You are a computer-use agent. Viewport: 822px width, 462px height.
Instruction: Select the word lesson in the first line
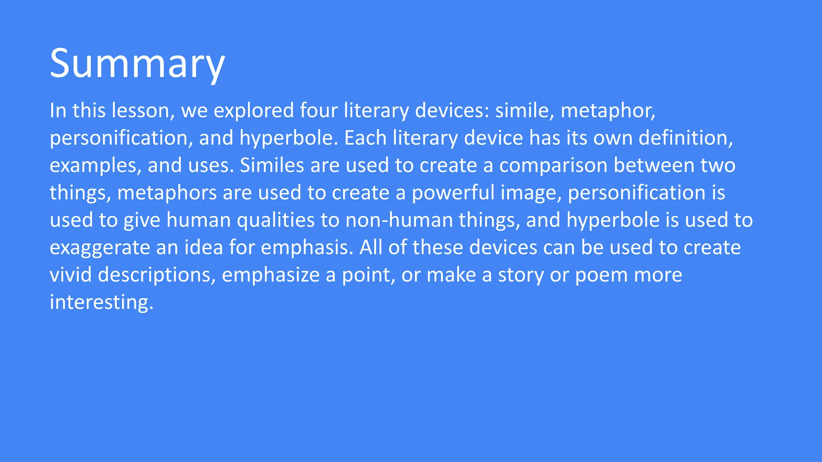143,110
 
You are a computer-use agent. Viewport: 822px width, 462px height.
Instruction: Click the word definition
685,138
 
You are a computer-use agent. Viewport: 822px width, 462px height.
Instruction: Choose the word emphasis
307,248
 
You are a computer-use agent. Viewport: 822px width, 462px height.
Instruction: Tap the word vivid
71,275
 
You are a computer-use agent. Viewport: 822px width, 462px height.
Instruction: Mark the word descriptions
157,275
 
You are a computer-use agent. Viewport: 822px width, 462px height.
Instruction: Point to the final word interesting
101,302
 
